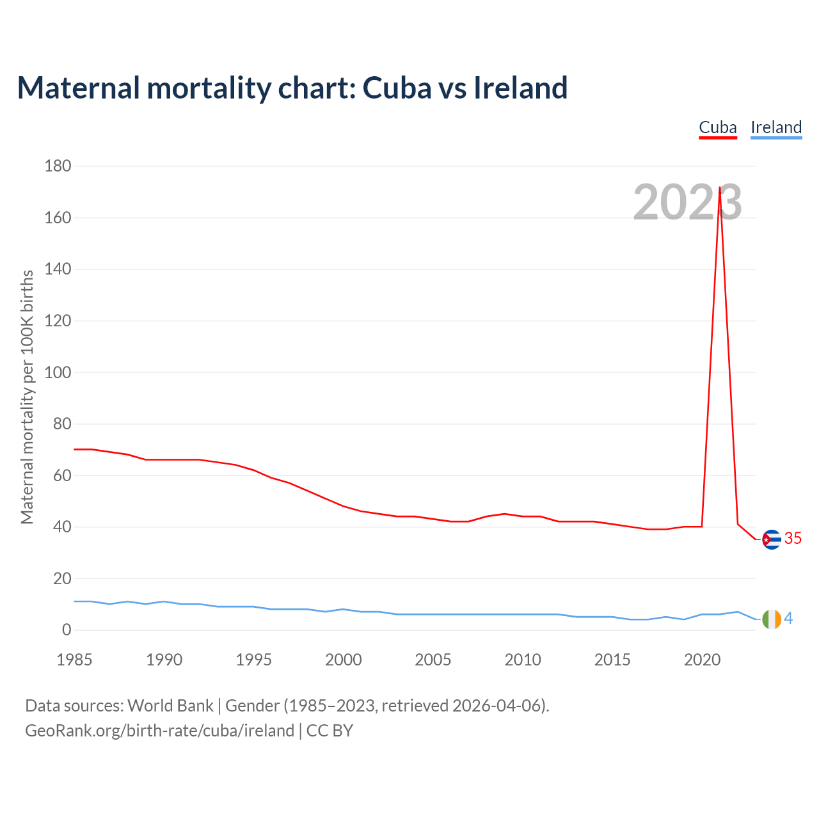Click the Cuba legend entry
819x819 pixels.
[x=717, y=127]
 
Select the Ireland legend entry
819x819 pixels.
[x=775, y=127]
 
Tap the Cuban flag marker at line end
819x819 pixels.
[x=772, y=540]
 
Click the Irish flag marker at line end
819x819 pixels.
[x=772, y=619]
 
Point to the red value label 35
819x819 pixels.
[x=793, y=539]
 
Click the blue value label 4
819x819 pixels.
[x=788, y=618]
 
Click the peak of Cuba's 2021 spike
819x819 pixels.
[x=720, y=188]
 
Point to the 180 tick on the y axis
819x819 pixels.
[x=58, y=166]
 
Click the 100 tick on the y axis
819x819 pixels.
[x=58, y=372]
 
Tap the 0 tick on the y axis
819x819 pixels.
[x=67, y=630]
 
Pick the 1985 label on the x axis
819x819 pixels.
[x=74, y=660]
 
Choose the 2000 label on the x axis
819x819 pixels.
[x=344, y=660]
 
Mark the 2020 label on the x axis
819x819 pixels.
[x=702, y=660]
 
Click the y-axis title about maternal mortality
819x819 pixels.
[x=27, y=397]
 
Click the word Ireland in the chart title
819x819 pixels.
[x=520, y=88]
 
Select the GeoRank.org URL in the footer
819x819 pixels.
[x=159, y=730]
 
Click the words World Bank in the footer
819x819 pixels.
[x=170, y=705]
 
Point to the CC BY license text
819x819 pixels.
[x=330, y=730]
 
